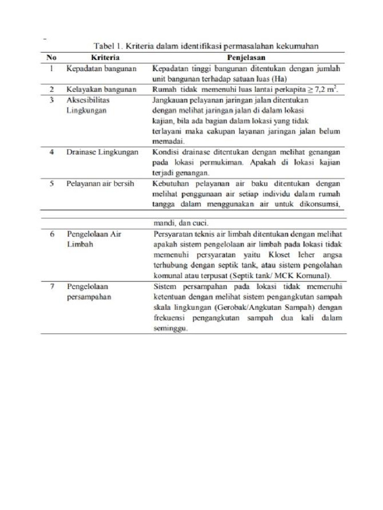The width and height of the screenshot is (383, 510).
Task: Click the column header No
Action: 52,57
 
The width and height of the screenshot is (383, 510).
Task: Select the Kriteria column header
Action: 105,57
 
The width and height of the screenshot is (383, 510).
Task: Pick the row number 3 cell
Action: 51,100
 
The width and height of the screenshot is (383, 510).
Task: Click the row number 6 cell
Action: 51,234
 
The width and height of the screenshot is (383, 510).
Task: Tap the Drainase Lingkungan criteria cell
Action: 102,152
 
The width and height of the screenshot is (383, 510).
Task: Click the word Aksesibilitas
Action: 88,100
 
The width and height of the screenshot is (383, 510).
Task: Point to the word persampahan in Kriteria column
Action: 88,297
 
